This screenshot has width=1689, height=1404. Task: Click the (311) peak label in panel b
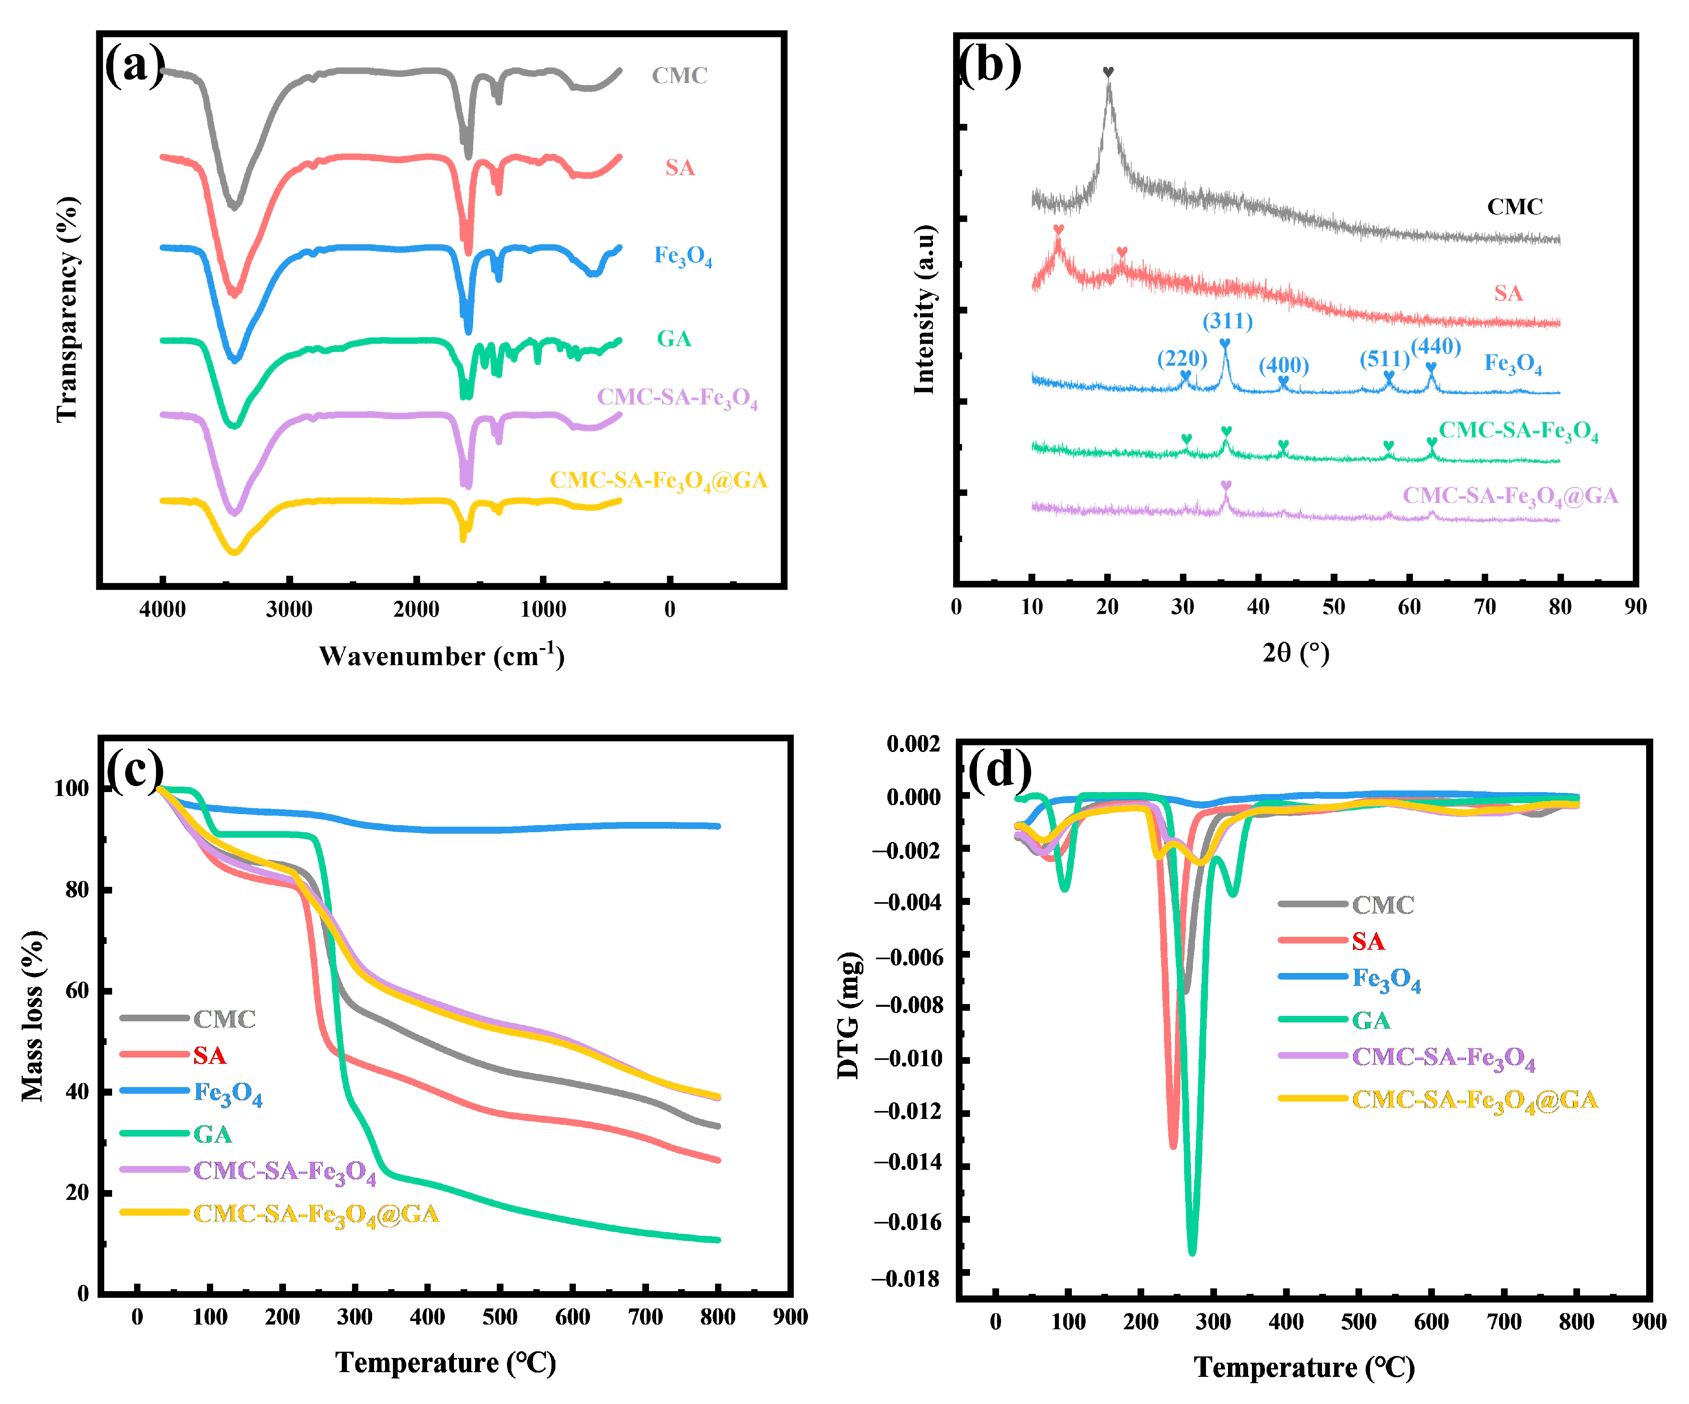pyautogui.click(x=1227, y=321)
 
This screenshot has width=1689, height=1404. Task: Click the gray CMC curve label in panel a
pyautogui.click(x=680, y=76)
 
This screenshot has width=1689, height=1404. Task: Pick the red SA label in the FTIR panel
pyautogui.click(x=680, y=167)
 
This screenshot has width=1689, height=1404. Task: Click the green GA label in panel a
pyautogui.click(x=674, y=339)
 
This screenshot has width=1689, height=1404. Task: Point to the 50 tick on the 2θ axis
pyautogui.click(x=1333, y=607)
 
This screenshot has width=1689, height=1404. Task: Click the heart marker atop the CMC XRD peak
pyautogui.click(x=1108, y=72)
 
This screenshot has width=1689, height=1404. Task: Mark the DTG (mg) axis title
pyautogui.click(x=848, y=1015)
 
